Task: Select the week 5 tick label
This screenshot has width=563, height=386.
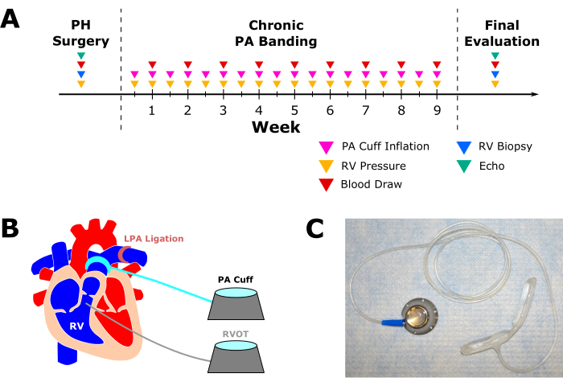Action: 294,111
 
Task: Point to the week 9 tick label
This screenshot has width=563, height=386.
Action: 437,111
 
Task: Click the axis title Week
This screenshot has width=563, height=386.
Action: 276,127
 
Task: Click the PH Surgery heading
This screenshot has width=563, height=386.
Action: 80,33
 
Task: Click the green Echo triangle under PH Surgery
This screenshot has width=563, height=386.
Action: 80,55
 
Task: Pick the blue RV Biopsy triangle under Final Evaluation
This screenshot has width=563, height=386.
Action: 495,74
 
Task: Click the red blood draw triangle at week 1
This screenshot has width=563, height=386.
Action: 152,64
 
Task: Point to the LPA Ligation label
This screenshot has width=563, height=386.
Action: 154,239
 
